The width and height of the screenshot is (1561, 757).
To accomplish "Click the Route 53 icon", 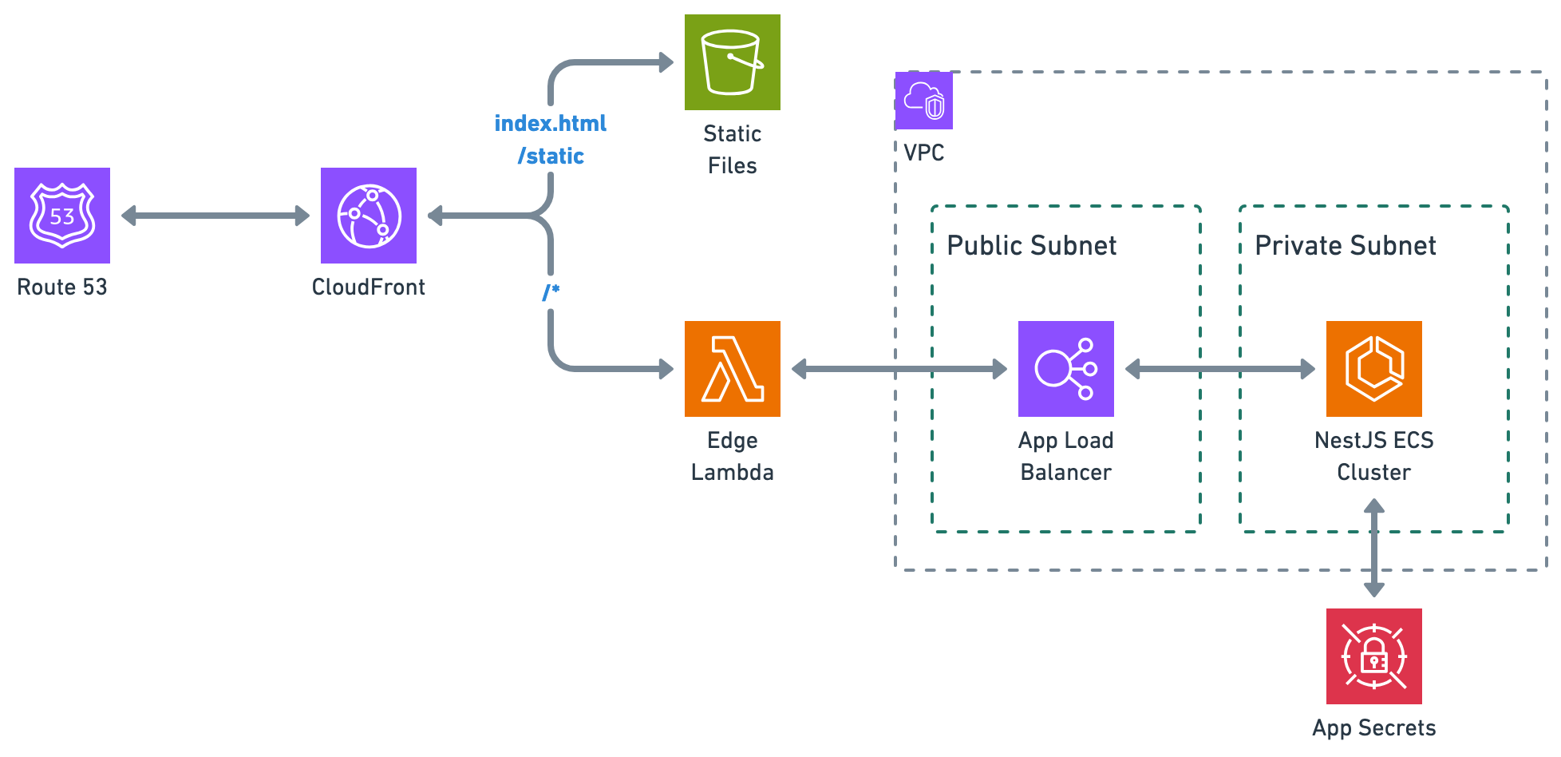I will pyautogui.click(x=62, y=216).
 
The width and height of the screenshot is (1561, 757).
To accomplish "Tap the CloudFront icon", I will pyautogui.click(x=369, y=216).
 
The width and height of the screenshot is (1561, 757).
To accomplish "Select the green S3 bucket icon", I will pyautogui.click(x=733, y=62).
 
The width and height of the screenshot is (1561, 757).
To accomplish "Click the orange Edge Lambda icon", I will pyautogui.click(x=733, y=369).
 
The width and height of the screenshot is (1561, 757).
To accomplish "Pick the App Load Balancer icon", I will pyautogui.click(x=1066, y=369).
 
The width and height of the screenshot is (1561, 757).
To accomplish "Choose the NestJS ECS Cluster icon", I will pyautogui.click(x=1374, y=369).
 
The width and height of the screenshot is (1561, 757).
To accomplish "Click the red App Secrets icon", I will pyautogui.click(x=1374, y=656).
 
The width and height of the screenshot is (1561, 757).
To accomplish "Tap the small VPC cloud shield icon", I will pyautogui.click(x=924, y=101).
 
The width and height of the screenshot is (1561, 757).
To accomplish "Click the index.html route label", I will pyautogui.click(x=551, y=124).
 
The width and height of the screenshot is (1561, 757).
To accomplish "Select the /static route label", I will pyautogui.click(x=551, y=157).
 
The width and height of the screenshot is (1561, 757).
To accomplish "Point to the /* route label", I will pyautogui.click(x=551, y=292).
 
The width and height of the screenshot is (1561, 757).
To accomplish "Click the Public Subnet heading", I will pyautogui.click(x=1031, y=246).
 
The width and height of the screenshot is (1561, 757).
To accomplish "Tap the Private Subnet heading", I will pyautogui.click(x=1346, y=246).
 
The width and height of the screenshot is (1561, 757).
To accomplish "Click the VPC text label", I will pyautogui.click(x=924, y=153).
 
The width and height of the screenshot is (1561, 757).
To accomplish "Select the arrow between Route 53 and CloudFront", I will pyautogui.click(x=215, y=216).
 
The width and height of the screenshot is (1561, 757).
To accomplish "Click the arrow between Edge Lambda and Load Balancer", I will pyautogui.click(x=899, y=369).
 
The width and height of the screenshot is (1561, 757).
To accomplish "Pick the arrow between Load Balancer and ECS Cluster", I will pyautogui.click(x=1219, y=369).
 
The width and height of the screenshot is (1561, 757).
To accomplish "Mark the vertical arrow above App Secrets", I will pyautogui.click(x=1374, y=548).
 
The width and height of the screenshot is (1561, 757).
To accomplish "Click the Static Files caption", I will pyautogui.click(x=733, y=149).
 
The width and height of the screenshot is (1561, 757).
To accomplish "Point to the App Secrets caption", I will pyautogui.click(x=1374, y=728).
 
